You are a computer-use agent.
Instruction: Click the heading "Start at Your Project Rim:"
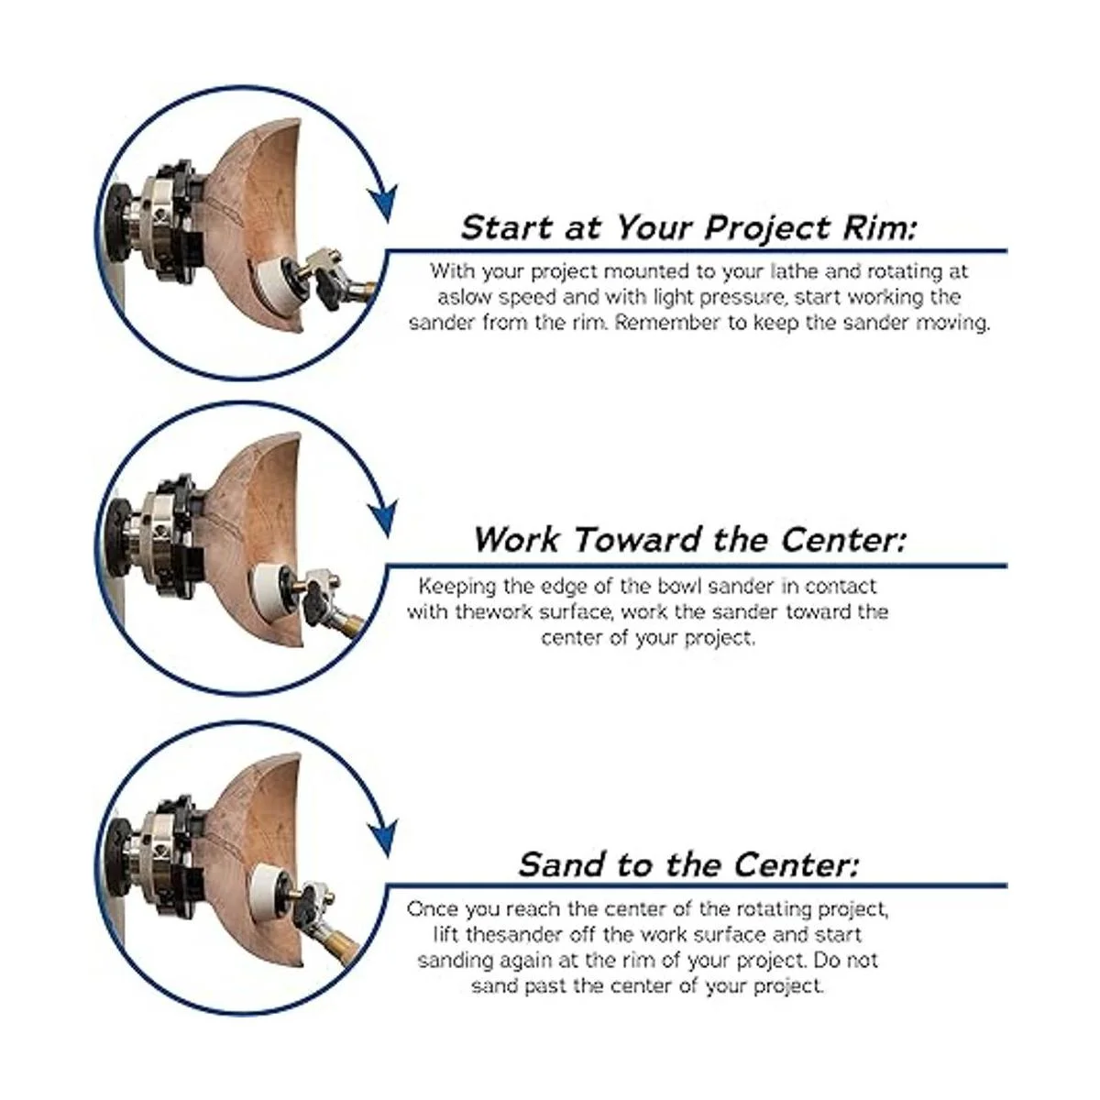(x=688, y=228)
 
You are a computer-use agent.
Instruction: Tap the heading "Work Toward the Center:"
(x=689, y=539)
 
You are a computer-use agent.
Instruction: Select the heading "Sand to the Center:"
(x=688, y=863)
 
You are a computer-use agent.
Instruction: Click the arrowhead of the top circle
(x=383, y=202)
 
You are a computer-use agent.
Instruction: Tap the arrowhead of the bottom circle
(x=383, y=839)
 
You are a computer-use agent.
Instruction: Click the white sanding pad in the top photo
(x=273, y=283)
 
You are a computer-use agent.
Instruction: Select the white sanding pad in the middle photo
(x=267, y=592)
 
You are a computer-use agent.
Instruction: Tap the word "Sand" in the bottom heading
(x=562, y=863)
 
